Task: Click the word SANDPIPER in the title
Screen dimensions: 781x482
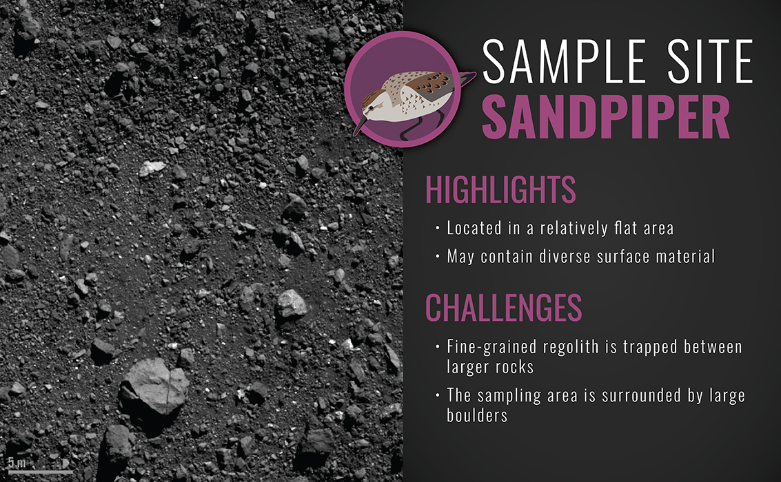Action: click(x=606, y=117)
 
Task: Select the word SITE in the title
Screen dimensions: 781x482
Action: click(x=711, y=62)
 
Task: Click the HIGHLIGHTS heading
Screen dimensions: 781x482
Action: click(x=500, y=189)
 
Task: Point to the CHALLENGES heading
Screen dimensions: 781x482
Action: click(x=504, y=307)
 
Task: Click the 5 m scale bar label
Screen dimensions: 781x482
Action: click(x=17, y=463)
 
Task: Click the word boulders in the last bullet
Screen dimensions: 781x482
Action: click(x=477, y=415)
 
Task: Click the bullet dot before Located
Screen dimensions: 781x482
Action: click(x=437, y=229)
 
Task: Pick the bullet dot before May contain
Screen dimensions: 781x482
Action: click(x=437, y=257)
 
